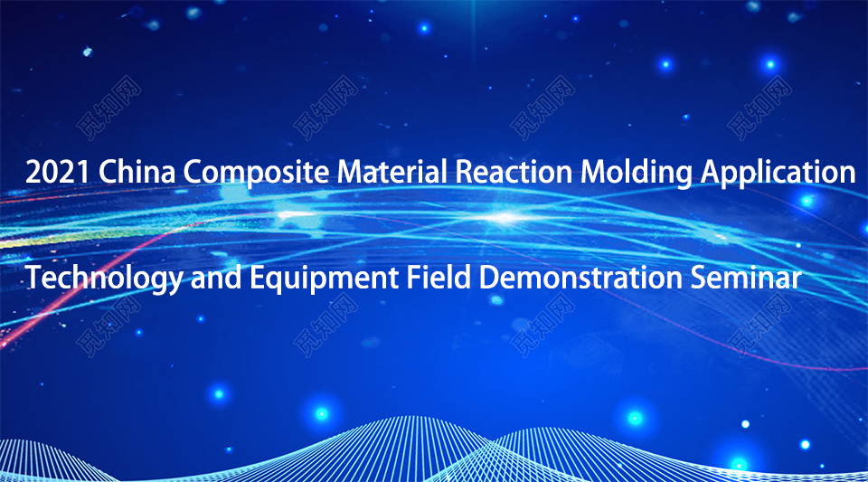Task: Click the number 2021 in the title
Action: point(58,172)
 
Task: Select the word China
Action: point(137,171)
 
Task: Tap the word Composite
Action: point(256,173)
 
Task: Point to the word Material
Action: point(392,171)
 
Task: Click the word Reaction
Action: point(514,171)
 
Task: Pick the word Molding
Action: point(637,173)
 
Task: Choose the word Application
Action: point(778,173)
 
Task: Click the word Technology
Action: point(104,279)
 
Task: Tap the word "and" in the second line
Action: point(216,278)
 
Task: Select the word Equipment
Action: point(324,279)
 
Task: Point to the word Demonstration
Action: point(580,278)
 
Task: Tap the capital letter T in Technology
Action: point(33,278)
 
